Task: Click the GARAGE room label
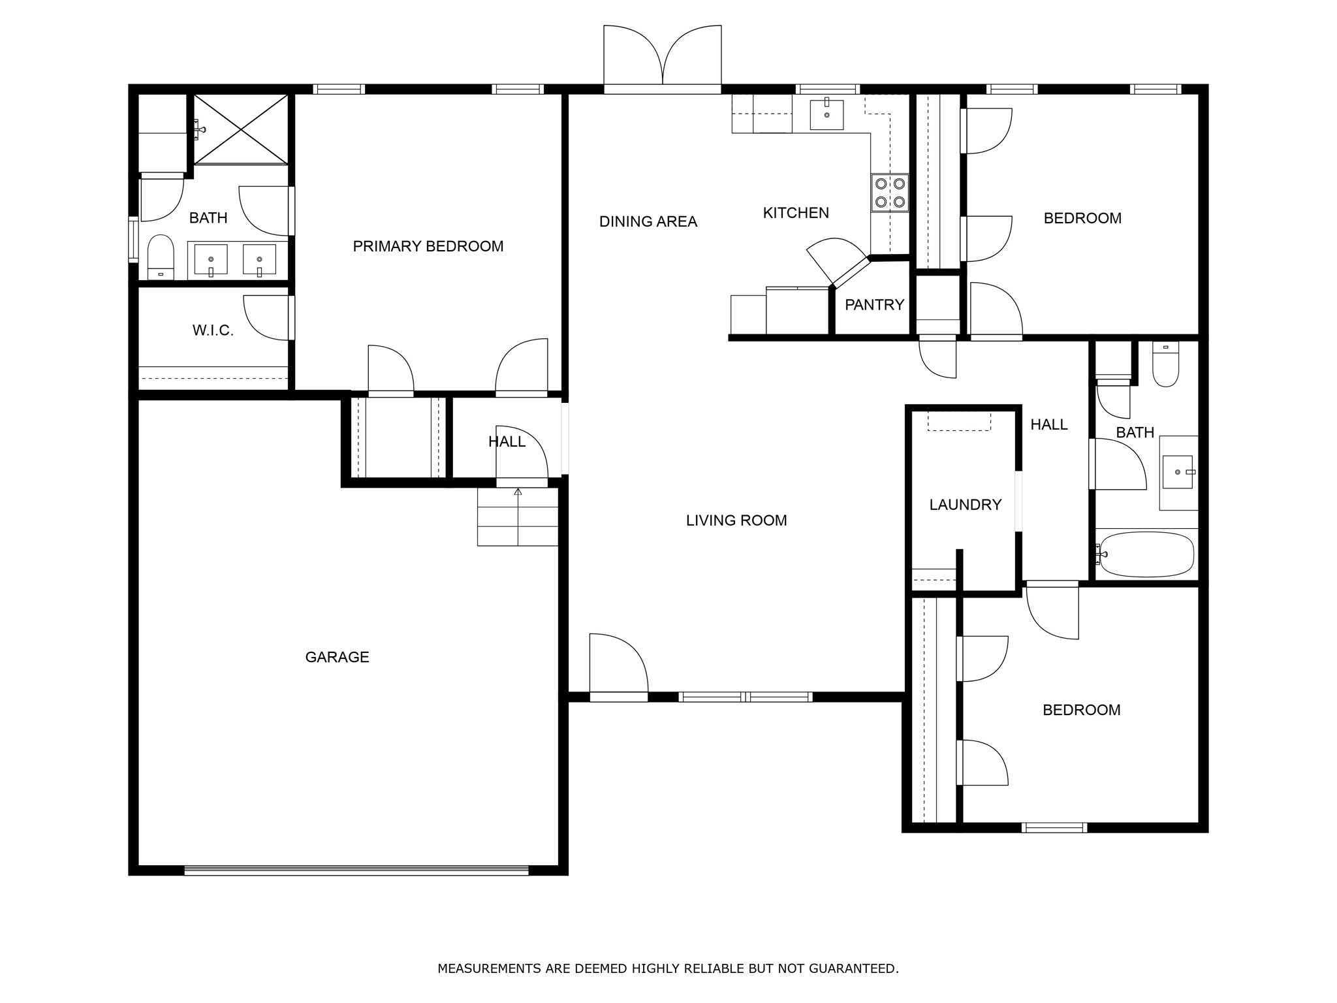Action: tap(337, 657)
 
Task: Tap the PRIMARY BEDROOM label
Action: tap(428, 246)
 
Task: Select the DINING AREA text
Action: tap(648, 222)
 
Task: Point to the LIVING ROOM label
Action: tap(736, 520)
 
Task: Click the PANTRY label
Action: tap(874, 304)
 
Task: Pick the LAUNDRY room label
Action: tap(965, 505)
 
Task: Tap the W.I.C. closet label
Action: tap(213, 330)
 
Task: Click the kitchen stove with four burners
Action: tap(890, 193)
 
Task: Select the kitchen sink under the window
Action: tap(826, 114)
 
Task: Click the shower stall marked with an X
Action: tap(241, 129)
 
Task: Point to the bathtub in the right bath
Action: tap(1146, 554)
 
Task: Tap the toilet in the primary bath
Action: tap(161, 257)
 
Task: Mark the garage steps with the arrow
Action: tap(518, 517)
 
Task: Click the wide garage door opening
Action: tap(356, 870)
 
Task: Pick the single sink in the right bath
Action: tap(1178, 472)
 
